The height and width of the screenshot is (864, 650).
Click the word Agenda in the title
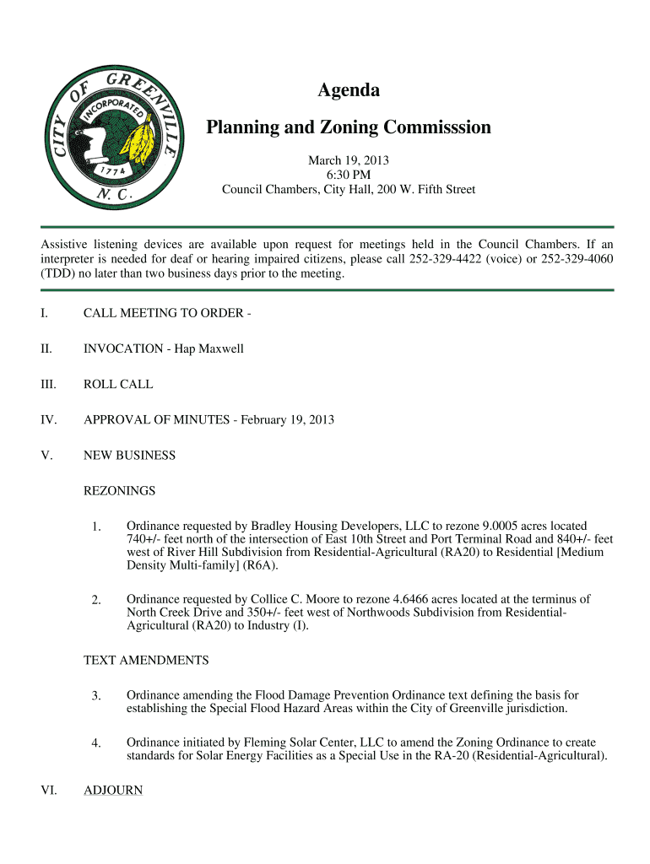(x=348, y=90)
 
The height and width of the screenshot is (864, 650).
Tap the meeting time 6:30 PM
(x=348, y=175)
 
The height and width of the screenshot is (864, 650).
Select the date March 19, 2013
(x=348, y=159)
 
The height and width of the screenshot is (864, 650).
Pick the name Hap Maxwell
(x=209, y=348)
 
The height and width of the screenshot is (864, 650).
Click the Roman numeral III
(x=48, y=384)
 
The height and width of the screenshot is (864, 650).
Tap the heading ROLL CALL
(x=118, y=384)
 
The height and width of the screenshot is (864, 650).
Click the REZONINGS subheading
(x=119, y=490)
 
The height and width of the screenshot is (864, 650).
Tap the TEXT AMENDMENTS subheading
(x=146, y=660)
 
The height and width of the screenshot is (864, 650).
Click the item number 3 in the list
(x=97, y=696)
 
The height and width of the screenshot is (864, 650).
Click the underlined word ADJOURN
(x=113, y=791)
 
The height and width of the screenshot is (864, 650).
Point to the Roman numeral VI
(x=49, y=791)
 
